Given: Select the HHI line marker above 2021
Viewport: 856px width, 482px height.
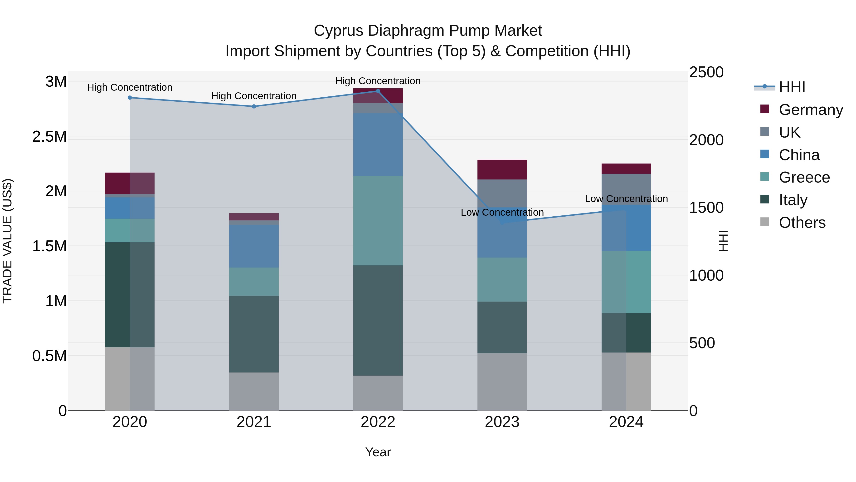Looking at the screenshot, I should (x=254, y=106).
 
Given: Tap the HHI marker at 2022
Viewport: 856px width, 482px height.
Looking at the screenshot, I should (x=378, y=91).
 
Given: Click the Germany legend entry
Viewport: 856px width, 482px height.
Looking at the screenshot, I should (x=811, y=110).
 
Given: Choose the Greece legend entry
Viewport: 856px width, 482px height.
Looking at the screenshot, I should (x=804, y=177).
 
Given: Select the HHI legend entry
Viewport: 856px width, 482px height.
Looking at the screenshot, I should (x=792, y=87).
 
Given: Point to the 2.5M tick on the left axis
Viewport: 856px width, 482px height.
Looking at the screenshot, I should (x=49, y=137).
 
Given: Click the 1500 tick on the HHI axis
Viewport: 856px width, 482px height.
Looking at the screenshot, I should (x=706, y=208).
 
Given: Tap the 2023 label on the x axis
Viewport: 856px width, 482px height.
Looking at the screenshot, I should (x=502, y=422).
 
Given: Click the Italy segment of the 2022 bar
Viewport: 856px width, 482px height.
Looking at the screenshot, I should (x=378, y=320).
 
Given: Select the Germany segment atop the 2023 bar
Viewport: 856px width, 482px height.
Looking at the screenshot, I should (x=502, y=170).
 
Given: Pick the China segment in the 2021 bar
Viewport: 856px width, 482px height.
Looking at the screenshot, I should (x=254, y=246).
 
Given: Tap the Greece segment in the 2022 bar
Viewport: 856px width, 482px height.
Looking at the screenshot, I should (x=378, y=221).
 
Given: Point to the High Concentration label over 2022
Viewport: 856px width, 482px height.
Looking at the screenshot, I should (x=378, y=81).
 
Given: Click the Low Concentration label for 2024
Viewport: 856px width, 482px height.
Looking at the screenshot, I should (x=626, y=199).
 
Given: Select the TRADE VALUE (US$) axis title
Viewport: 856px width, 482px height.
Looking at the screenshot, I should (x=7, y=241).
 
